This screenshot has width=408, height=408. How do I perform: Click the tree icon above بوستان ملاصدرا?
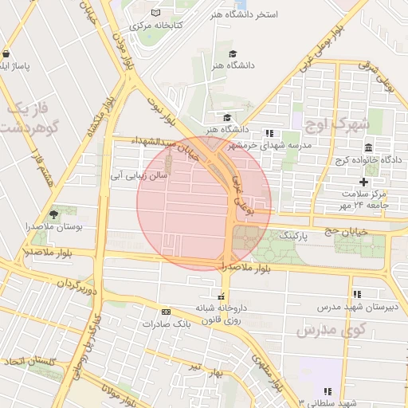pos(53,214)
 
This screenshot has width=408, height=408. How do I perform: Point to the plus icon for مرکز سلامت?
pos(364,182)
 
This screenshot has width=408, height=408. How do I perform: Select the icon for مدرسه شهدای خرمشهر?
pos(269,133)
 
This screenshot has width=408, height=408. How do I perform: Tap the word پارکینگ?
pos(292,236)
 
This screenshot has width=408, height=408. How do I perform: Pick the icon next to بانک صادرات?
pos(166,312)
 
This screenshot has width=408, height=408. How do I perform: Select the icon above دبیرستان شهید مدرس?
pos(357,294)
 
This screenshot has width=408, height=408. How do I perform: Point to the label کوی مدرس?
pos(331,329)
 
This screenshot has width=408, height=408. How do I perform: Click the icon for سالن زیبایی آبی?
pos(168,159)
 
